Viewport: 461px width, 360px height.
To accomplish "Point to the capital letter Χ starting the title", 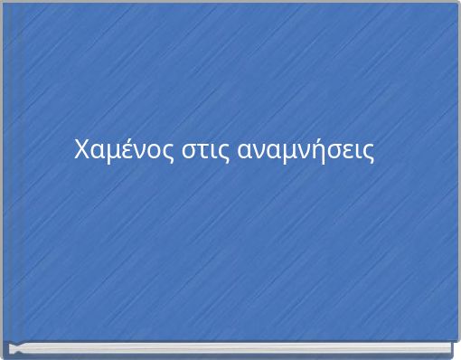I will [80, 148].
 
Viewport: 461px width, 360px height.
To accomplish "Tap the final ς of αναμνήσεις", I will [368, 151].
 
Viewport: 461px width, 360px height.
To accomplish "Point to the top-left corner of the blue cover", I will [3, 3].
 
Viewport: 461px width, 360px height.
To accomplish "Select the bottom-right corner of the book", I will [456, 354].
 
